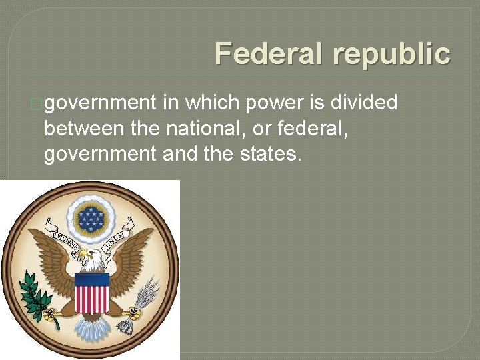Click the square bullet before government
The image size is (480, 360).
(37, 105)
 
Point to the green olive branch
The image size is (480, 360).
(34, 297)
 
